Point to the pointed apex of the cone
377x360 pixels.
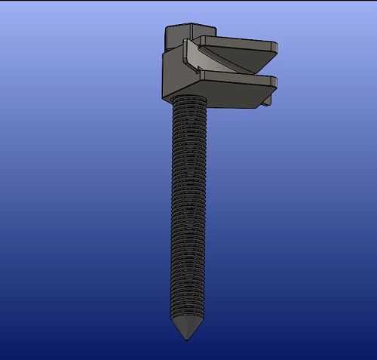tap(185, 337)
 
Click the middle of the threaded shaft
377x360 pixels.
tap(185, 211)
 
